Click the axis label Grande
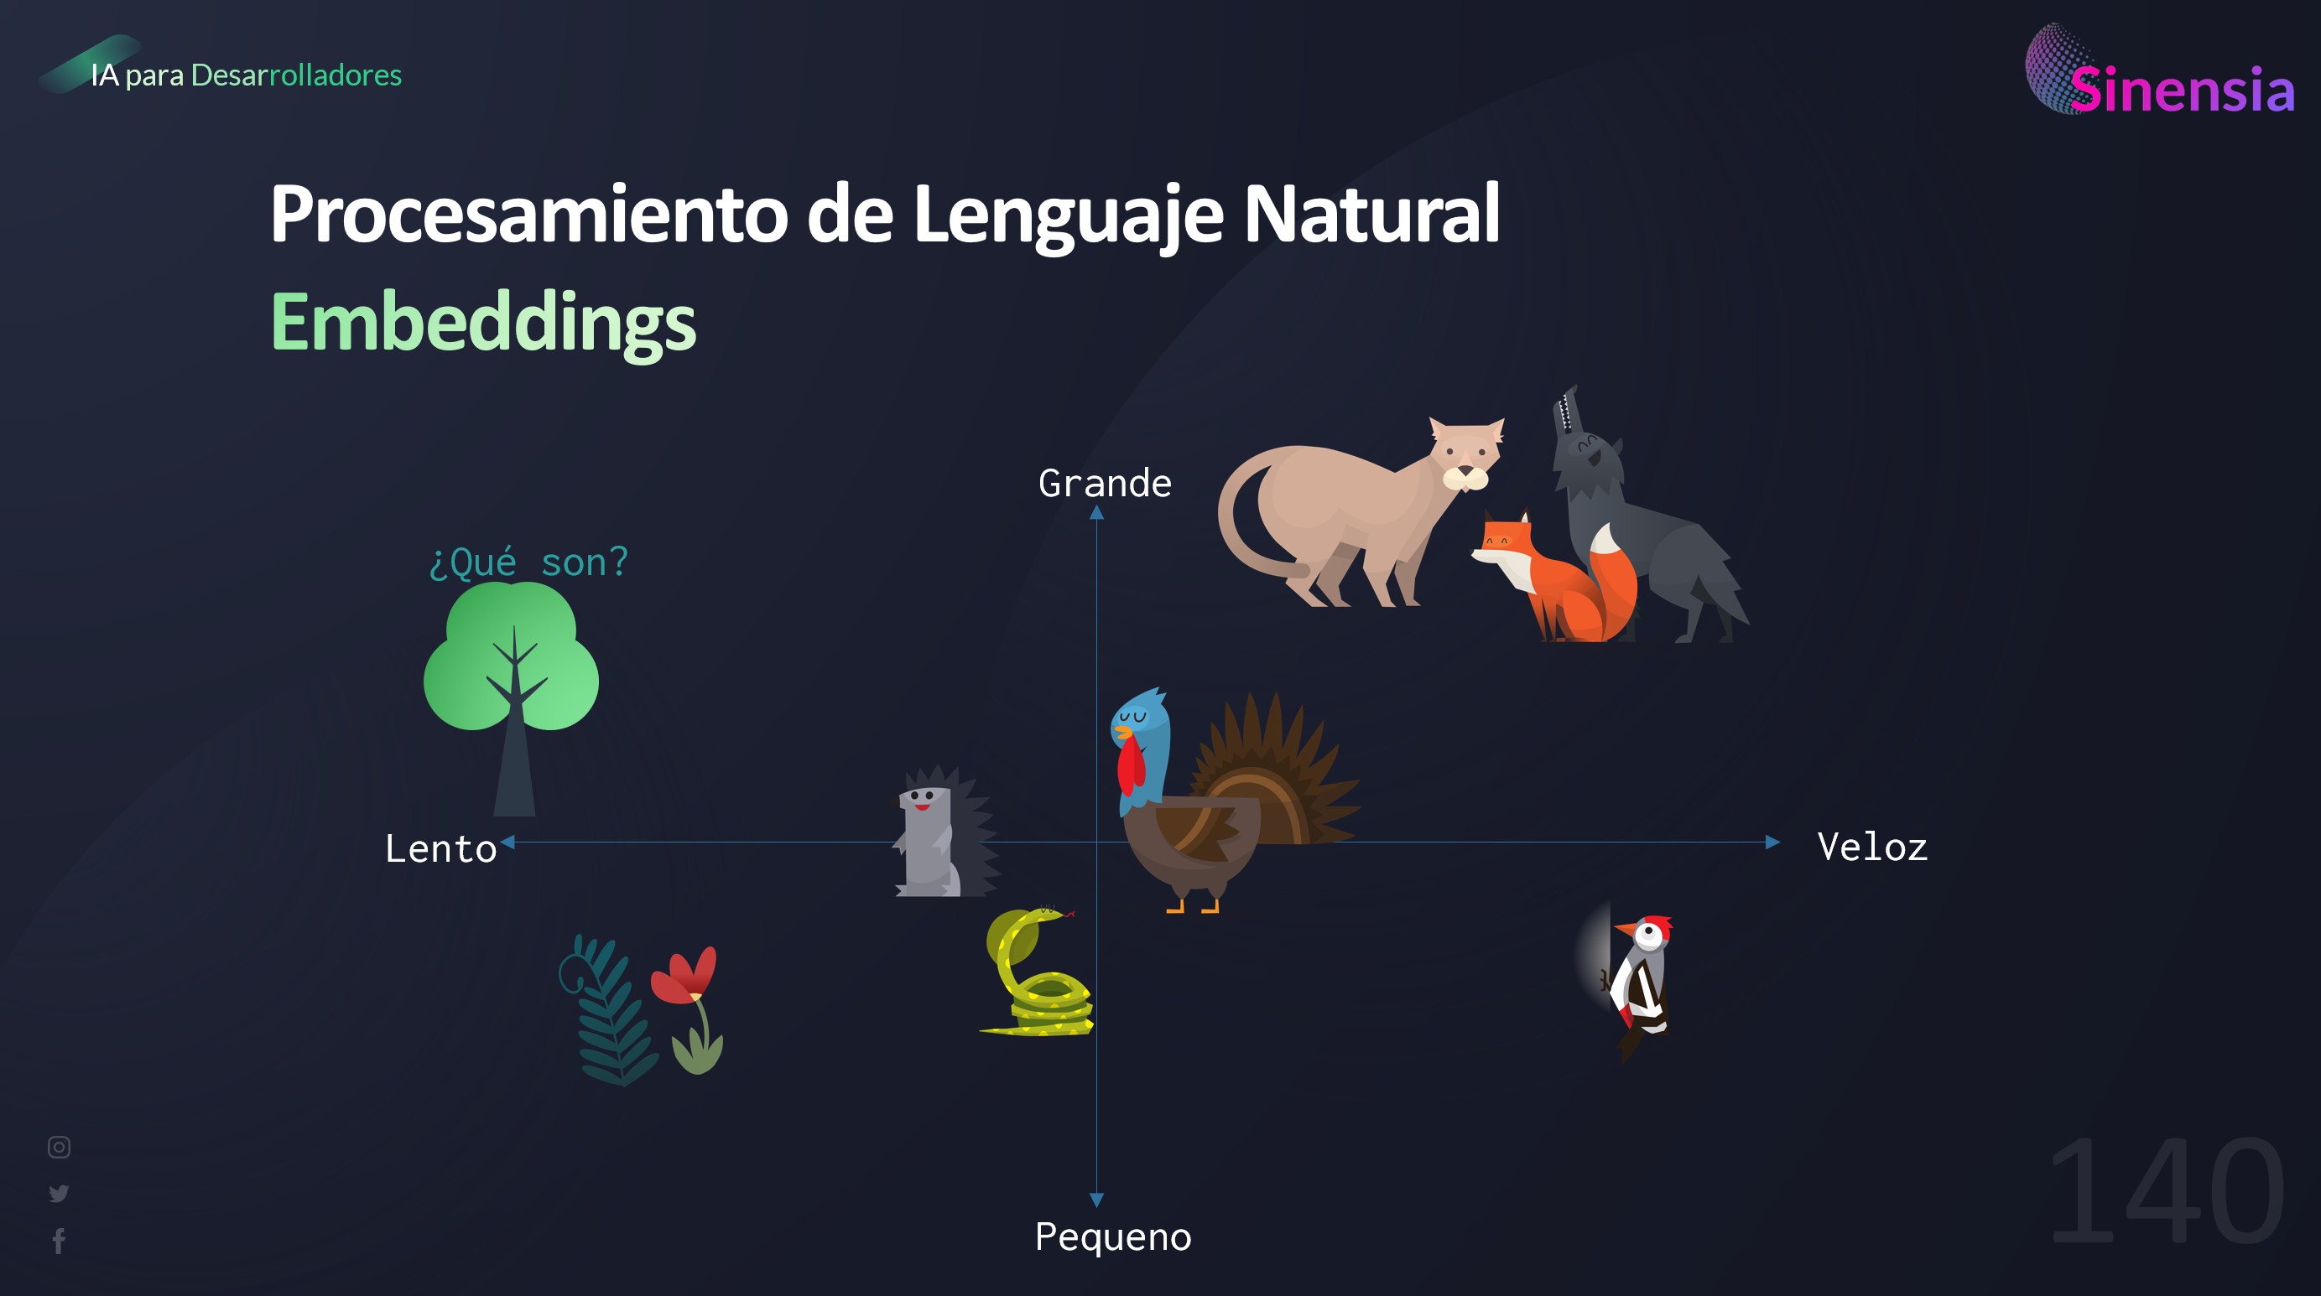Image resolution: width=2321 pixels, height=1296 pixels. (1105, 484)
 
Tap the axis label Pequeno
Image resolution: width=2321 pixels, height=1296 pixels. (1113, 1236)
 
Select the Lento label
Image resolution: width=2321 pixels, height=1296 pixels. (440, 849)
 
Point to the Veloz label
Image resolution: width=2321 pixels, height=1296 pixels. (1872, 848)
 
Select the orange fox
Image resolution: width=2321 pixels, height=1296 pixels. (1559, 581)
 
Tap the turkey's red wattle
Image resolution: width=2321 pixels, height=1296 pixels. (1130, 766)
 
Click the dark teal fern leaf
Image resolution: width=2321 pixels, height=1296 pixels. (607, 1013)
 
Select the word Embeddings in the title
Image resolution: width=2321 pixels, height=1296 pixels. (483, 323)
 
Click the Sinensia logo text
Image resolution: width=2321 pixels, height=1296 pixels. (2180, 90)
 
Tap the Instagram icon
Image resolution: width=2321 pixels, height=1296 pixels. (59, 1147)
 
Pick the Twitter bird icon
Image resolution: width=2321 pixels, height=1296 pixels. (59, 1194)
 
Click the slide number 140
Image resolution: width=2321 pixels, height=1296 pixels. (2166, 1190)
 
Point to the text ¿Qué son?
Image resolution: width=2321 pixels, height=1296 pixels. (528, 562)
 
